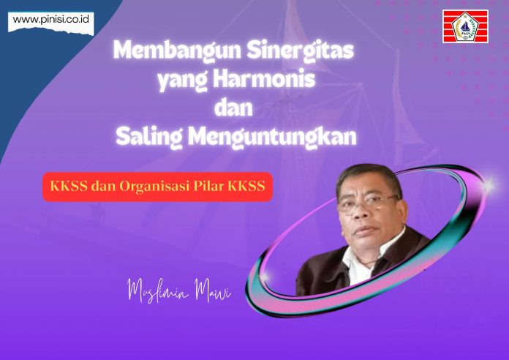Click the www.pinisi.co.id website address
pos(51,19)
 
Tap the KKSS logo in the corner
pos(466,26)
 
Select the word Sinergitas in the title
pos(301,51)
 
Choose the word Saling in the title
pos(148,137)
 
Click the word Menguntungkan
pos(272,137)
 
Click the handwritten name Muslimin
pos(157,290)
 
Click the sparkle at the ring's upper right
pos(487,186)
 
